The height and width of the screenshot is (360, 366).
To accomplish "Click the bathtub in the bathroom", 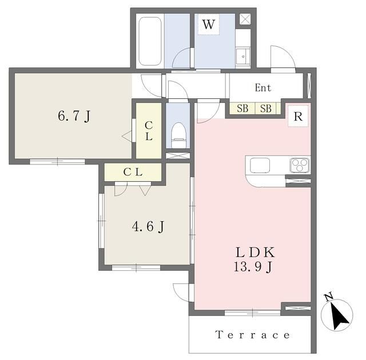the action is click(150, 41).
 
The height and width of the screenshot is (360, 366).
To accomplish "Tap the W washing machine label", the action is click(208, 25).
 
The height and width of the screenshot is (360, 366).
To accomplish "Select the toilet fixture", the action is click(178, 135).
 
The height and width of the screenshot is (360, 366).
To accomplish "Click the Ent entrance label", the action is click(263, 88).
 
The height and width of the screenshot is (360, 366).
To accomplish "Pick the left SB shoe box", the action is click(242, 109).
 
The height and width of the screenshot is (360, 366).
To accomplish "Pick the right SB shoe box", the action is click(265, 109).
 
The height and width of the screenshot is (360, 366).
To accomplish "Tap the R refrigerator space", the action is click(298, 116).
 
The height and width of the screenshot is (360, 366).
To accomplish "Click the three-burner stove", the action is click(300, 165).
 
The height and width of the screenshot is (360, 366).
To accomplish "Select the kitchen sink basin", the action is click(260, 165).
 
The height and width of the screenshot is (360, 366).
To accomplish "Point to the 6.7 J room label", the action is click(74, 116).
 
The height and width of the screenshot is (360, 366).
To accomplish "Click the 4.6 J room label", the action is click(148, 226).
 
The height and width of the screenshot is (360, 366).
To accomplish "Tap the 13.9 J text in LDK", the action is click(253, 267).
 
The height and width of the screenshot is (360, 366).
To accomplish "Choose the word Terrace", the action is click(253, 335).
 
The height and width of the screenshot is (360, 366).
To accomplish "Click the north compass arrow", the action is click(340, 316).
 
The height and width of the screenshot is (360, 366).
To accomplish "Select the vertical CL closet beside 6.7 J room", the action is click(149, 130).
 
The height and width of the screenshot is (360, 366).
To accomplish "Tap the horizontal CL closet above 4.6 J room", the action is click(133, 172).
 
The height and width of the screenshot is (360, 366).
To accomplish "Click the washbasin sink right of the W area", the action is click(242, 56).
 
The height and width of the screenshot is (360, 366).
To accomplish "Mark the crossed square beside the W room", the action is click(245, 19).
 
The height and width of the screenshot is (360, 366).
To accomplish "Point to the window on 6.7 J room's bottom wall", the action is click(57, 161).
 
